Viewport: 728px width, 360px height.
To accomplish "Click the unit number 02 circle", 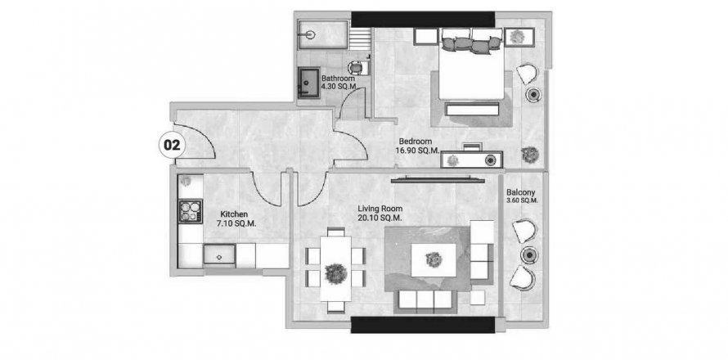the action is point(172,146).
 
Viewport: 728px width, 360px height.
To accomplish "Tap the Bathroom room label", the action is point(338,79).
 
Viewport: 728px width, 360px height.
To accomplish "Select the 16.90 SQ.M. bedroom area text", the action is point(414,150).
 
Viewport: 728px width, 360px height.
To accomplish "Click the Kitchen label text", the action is point(234,214).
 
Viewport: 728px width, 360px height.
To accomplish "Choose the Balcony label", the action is point(521,191).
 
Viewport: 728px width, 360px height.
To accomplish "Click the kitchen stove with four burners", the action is point(191,211).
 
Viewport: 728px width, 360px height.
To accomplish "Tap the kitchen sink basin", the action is point(219,254).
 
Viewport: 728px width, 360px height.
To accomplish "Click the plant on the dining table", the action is point(335,273).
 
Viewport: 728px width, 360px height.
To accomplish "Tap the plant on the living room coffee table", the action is point(434,259).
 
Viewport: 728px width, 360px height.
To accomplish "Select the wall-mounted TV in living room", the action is point(438,180).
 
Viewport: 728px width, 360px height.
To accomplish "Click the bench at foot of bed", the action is point(472,110).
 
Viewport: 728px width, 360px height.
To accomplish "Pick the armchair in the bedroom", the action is point(527,74).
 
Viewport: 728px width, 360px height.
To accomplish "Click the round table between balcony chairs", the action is point(528,254).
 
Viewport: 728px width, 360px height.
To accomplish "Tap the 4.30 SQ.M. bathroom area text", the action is point(338,87).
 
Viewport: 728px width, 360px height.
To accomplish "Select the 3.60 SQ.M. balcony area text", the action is point(522,200).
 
